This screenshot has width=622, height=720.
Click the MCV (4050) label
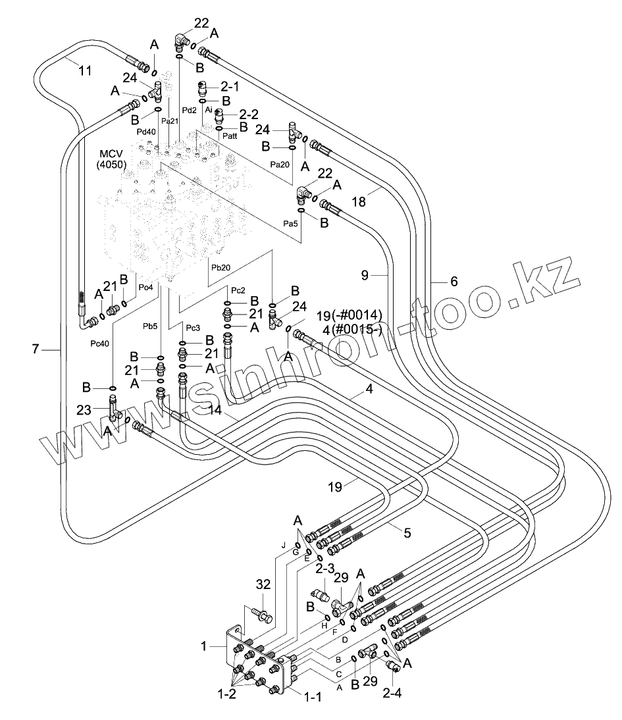click(x=112, y=159)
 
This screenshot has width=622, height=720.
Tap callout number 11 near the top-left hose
click(x=84, y=70)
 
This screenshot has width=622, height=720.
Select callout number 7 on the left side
click(x=36, y=349)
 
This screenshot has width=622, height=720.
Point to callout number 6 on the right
click(x=454, y=282)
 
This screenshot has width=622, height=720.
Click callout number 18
click(x=359, y=201)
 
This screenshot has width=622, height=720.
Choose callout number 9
click(x=365, y=275)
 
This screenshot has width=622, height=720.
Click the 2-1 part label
click(x=230, y=86)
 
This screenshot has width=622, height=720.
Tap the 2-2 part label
click(x=249, y=115)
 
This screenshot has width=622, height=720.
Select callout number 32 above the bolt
click(x=263, y=584)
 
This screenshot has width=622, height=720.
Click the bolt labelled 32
click(x=263, y=615)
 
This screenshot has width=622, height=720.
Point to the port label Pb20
click(x=220, y=268)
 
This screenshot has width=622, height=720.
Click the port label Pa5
click(x=290, y=224)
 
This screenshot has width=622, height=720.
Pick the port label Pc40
click(x=99, y=344)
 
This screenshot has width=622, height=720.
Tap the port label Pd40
click(x=146, y=132)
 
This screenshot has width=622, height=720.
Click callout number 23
click(x=84, y=409)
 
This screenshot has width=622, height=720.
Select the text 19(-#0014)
click(x=349, y=316)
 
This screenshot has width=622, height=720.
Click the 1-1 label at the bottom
click(x=313, y=697)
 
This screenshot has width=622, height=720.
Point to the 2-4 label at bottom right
click(x=392, y=692)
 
